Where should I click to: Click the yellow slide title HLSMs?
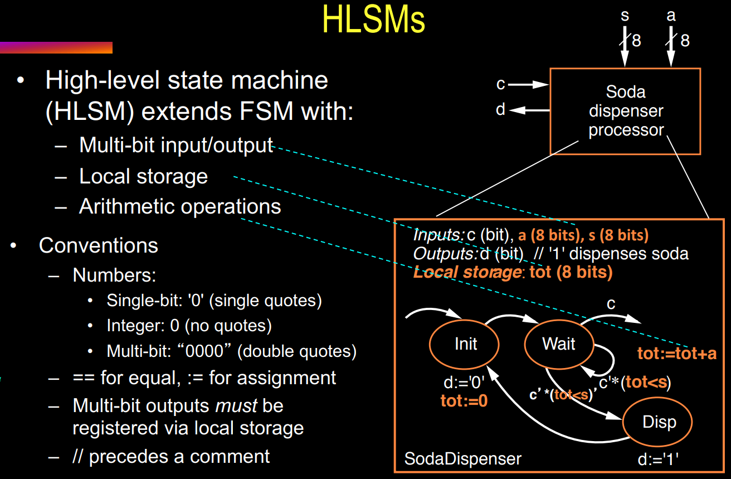(x=373, y=20)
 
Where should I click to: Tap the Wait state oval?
(x=558, y=344)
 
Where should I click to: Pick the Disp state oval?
(x=658, y=422)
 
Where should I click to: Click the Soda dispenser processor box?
(x=625, y=112)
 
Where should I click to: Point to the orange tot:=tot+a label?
(x=676, y=354)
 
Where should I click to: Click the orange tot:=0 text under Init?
(x=464, y=400)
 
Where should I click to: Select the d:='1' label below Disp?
(x=657, y=459)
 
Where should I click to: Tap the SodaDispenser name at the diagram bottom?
(x=462, y=459)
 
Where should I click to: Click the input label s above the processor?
(x=625, y=16)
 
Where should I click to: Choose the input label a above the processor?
(x=671, y=16)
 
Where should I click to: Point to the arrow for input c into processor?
(x=528, y=85)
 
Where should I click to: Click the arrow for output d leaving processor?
(x=529, y=110)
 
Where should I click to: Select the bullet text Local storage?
(x=143, y=176)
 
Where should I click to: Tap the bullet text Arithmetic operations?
(x=179, y=206)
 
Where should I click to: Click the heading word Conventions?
(x=98, y=245)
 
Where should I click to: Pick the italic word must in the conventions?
(x=236, y=405)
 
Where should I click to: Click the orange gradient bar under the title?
(x=56, y=48)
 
